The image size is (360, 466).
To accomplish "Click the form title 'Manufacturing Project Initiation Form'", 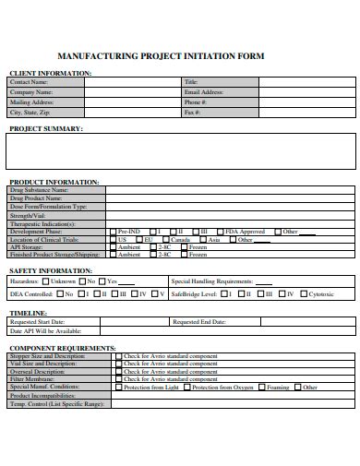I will [161, 57].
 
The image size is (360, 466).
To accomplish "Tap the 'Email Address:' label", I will [204, 92].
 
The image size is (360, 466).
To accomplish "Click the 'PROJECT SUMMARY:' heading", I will [46, 128].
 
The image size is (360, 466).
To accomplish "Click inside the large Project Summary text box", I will [180, 152].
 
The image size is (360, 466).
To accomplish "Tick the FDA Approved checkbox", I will [219, 232].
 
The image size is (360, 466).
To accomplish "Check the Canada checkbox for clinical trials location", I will [164, 240].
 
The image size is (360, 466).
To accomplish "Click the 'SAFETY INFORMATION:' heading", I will [50, 270].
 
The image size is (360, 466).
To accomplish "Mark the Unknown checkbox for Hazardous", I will [46, 281].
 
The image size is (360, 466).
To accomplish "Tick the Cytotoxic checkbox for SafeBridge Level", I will [303, 294].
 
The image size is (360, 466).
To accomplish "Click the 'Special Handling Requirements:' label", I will [211, 281].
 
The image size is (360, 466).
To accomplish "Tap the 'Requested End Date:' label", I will [198, 322].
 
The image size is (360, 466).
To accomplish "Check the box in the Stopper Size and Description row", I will [118, 355].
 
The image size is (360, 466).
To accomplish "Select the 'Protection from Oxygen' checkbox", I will [187, 387].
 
